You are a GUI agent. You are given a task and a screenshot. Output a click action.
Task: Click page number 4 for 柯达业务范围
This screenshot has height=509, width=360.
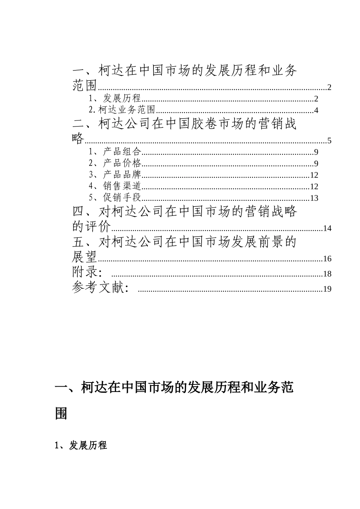(316, 111)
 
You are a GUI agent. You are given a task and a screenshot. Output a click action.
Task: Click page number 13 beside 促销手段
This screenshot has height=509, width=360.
(314, 198)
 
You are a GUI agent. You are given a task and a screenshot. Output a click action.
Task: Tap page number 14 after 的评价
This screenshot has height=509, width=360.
(327, 228)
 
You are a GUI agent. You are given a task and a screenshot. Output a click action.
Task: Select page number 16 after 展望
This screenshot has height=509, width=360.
(327, 259)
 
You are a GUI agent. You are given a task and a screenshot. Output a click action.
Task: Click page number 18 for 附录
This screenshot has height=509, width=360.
(327, 274)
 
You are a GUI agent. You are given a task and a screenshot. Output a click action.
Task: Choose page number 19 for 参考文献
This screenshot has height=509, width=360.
(327, 289)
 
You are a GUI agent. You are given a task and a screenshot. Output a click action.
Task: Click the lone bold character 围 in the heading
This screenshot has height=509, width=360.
(61, 413)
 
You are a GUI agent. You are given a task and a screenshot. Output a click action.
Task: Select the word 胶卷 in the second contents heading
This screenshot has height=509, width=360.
(197, 124)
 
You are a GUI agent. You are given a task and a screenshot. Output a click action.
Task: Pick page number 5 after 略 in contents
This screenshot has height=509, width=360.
(329, 141)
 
